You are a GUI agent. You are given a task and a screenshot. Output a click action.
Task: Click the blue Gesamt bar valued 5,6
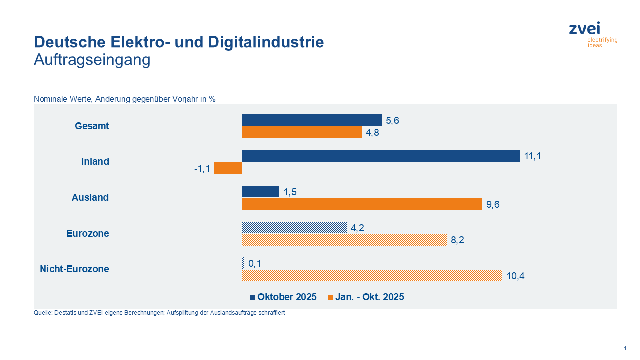point(312,120)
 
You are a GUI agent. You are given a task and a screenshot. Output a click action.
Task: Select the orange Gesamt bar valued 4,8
point(302,132)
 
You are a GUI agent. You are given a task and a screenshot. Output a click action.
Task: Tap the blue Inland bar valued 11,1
point(381,156)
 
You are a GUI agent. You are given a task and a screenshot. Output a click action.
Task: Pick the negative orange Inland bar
point(228,168)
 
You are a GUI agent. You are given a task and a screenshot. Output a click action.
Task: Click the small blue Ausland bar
point(261,192)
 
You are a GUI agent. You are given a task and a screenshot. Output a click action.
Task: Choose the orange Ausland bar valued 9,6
point(362,204)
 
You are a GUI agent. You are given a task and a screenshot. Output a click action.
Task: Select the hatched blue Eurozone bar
point(294,227)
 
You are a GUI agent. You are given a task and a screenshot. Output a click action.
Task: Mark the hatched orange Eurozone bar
point(344,240)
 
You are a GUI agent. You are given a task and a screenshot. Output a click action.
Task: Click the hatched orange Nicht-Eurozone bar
point(372,275)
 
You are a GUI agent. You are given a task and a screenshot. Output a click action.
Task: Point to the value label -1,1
point(202,169)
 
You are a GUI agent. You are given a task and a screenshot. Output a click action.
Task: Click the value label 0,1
point(255,263)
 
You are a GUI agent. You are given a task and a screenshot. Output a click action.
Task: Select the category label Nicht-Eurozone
point(74,269)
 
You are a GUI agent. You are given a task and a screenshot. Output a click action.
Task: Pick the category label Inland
point(95,162)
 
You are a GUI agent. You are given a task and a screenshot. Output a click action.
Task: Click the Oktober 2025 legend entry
point(283,297)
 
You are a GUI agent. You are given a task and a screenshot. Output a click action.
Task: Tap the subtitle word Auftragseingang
point(92,60)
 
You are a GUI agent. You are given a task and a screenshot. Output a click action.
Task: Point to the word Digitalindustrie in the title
point(266,42)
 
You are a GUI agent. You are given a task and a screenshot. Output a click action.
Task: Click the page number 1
point(625,348)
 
